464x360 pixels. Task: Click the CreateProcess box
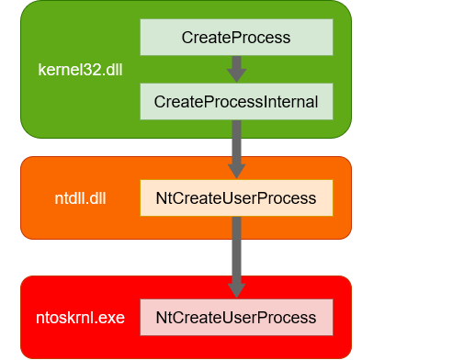pos(236,38)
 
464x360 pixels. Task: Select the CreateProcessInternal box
pos(236,101)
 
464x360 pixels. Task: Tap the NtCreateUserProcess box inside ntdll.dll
pos(236,198)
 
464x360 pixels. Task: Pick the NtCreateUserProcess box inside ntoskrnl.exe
pos(236,318)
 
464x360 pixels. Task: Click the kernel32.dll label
pos(79,69)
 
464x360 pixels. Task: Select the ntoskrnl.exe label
pos(74,318)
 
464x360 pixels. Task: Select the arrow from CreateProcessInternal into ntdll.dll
pos(236,147)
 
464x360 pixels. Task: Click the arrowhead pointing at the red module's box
pos(236,290)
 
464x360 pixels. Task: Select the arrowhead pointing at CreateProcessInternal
pos(236,76)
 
